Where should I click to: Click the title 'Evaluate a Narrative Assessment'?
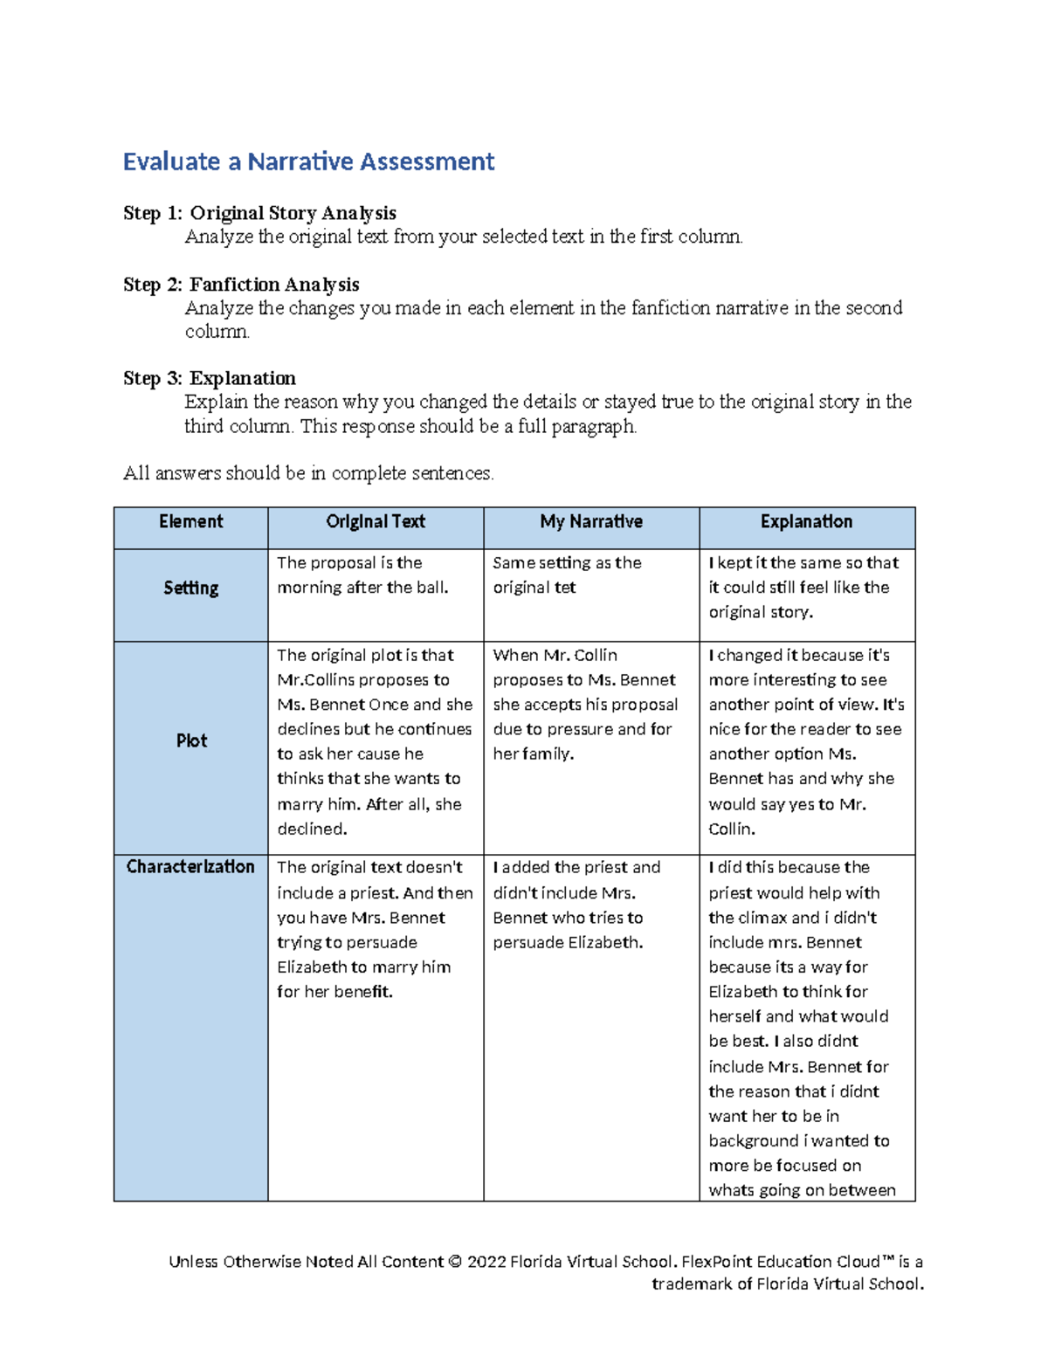(x=308, y=162)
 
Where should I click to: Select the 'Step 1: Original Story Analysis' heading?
(x=259, y=213)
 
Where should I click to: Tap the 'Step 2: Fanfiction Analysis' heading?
(x=241, y=285)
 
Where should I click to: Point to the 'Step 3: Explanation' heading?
(x=210, y=378)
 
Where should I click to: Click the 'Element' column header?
(x=190, y=522)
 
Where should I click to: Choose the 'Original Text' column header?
(x=376, y=522)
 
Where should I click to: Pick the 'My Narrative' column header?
(x=591, y=522)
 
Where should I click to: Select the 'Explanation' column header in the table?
(x=806, y=522)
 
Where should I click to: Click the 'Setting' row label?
(x=190, y=589)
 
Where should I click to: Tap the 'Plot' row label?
(x=191, y=741)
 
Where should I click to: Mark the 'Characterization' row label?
(x=190, y=867)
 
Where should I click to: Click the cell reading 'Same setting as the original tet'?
(x=567, y=575)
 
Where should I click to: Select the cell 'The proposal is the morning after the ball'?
(x=362, y=575)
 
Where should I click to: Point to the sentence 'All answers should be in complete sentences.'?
(x=308, y=473)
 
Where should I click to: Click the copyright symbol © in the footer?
(x=454, y=1262)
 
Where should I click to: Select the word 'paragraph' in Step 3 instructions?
(x=592, y=427)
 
